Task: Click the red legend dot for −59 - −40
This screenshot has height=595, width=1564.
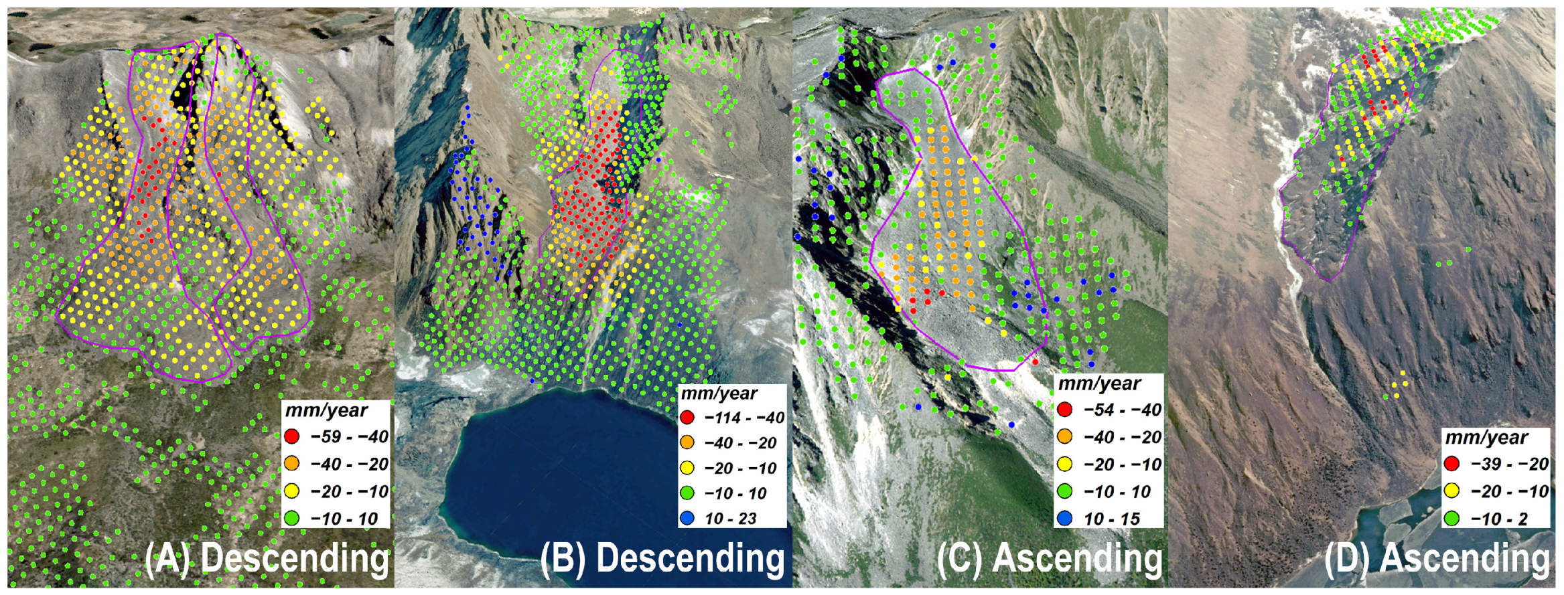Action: [x=291, y=436]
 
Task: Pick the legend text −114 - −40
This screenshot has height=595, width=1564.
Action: [x=744, y=418]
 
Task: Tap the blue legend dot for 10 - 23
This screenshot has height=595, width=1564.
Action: [x=687, y=518]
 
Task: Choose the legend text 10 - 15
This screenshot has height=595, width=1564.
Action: [x=1112, y=519]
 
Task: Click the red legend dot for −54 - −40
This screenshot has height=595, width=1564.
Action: [x=1065, y=410]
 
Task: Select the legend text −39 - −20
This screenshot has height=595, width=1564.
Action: [x=1510, y=464]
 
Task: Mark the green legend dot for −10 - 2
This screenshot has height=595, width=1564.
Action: [x=1451, y=518]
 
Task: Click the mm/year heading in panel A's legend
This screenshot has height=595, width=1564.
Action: [x=326, y=410]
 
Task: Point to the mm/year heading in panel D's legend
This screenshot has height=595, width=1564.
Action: [x=1486, y=438]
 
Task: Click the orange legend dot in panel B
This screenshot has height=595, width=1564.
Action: [x=687, y=442]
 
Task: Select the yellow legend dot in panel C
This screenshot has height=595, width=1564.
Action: [x=1065, y=464]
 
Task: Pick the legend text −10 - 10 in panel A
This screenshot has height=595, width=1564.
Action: [x=344, y=519]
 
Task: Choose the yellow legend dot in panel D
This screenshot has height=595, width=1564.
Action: [x=1451, y=491]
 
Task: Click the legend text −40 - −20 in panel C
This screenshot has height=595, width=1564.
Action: [x=1123, y=437]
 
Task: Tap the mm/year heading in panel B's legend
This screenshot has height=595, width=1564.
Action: [x=719, y=394]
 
